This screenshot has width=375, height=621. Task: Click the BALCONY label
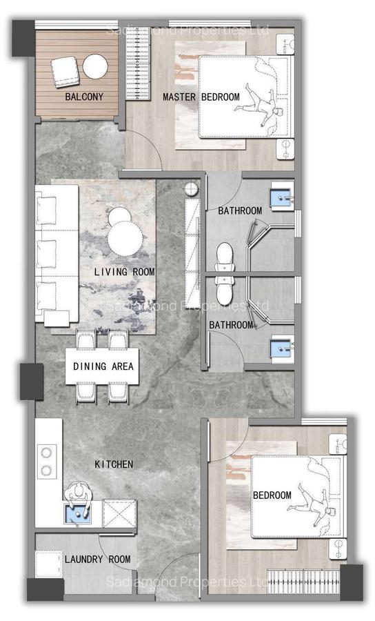click(x=84, y=97)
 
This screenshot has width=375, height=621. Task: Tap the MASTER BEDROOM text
click(x=201, y=97)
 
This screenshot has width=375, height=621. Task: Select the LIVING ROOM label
click(x=124, y=272)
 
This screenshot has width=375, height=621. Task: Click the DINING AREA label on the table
click(x=103, y=366)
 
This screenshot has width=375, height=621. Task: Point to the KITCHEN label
click(x=114, y=464)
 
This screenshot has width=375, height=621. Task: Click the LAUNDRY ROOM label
click(x=97, y=559)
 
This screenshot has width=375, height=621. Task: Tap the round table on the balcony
click(x=95, y=67)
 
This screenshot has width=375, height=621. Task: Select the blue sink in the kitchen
click(x=77, y=513)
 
